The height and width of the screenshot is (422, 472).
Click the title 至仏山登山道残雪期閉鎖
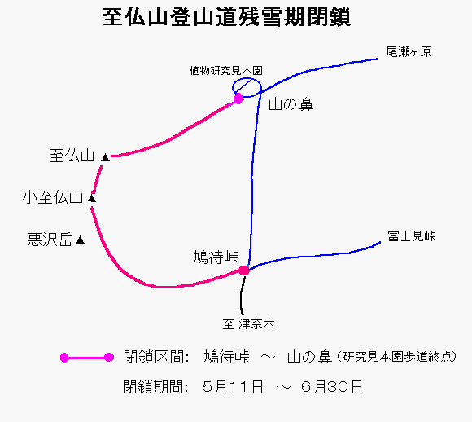tap(226, 17)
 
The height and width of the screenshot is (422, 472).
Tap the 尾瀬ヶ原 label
tap(409, 52)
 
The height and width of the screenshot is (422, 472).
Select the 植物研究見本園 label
tap(226, 71)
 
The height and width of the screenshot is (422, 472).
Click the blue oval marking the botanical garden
tap(247, 79)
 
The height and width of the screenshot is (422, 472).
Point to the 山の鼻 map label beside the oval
tap(291, 104)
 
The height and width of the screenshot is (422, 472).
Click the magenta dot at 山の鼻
tap(238, 99)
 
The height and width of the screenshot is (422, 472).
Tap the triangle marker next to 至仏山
tap(105, 157)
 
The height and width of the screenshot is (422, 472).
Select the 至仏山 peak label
tap(72, 156)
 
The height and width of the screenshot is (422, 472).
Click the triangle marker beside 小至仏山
tap(92, 198)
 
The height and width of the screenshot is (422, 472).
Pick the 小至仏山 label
tap(53, 197)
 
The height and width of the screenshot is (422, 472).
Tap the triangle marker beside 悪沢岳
tap(80, 240)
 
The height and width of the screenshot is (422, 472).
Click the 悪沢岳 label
tap(50, 240)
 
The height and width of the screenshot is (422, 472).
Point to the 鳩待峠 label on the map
tap(216, 257)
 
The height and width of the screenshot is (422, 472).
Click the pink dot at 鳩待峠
tap(244, 270)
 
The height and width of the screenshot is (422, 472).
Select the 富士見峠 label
tap(412, 236)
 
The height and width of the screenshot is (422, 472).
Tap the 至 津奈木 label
tap(249, 324)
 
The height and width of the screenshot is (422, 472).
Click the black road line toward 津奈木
tap(242, 296)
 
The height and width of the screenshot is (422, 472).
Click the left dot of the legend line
tap(64, 358)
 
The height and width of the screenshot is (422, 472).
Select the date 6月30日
tap(331, 387)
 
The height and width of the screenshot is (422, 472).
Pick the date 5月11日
tap(233, 387)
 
